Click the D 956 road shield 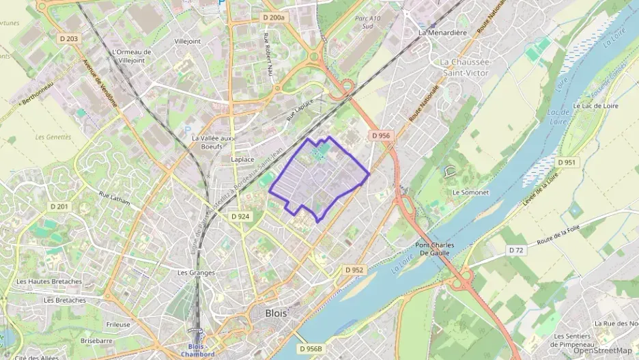tap(382, 136)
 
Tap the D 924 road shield tap(240, 216)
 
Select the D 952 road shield tap(354, 270)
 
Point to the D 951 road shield tap(566, 163)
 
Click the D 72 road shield tap(516, 251)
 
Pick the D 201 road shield tap(59, 206)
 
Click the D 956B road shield tap(310, 348)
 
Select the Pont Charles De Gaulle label tap(436, 249)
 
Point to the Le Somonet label tap(470, 193)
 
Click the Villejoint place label tap(188, 41)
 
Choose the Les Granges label tap(196, 273)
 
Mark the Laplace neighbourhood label tap(242, 159)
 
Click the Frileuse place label tap(118, 324)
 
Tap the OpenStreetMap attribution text tap(603, 350)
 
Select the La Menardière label tap(442, 32)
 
